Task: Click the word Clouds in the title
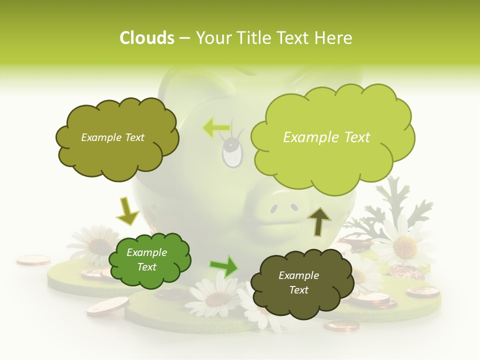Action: coord(146,38)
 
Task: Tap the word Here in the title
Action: coord(333,38)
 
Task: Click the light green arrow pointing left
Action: coord(216,127)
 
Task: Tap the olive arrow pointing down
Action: coord(127,211)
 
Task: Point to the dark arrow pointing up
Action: coord(319,221)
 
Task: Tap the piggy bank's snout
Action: coord(283,206)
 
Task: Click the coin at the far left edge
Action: coord(33,260)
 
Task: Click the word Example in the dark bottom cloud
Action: coord(298,275)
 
